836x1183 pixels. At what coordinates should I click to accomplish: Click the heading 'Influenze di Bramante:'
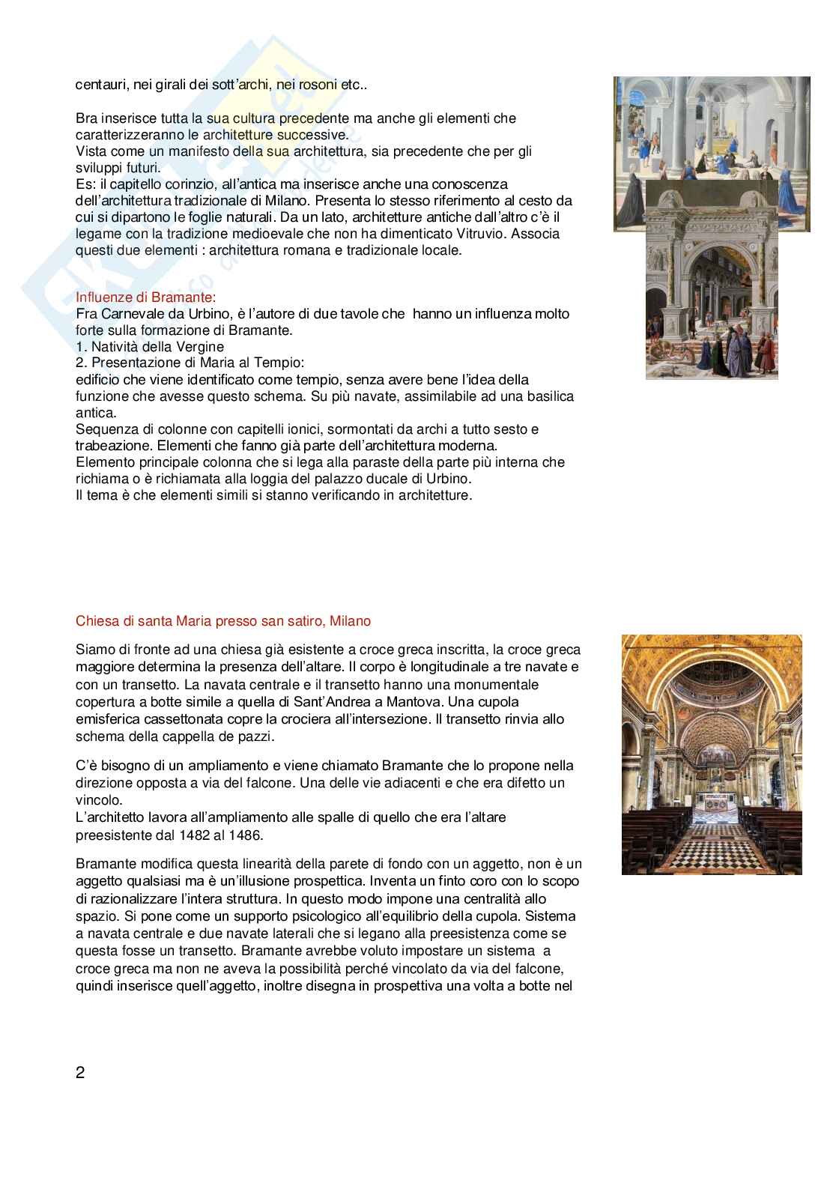[x=146, y=297]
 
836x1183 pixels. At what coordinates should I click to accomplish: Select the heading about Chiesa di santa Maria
[x=223, y=621]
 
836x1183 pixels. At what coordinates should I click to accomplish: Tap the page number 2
[x=80, y=1072]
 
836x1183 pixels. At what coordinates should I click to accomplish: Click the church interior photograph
[x=711, y=754]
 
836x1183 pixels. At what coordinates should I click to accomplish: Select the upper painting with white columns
[x=711, y=127]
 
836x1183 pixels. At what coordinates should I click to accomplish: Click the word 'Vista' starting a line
[x=91, y=151]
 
